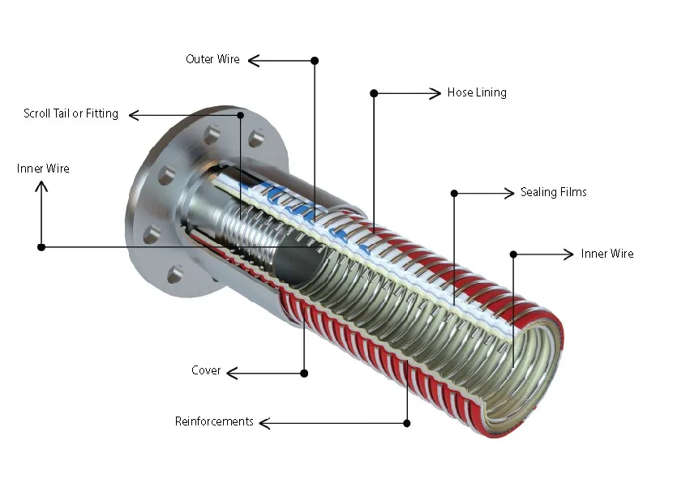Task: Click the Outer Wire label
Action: click(212, 60)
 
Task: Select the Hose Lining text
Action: click(477, 93)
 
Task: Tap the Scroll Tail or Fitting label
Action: click(71, 114)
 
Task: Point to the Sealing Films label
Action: click(553, 193)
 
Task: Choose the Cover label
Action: click(206, 371)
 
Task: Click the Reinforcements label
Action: click(214, 422)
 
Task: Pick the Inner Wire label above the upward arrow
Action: click(43, 169)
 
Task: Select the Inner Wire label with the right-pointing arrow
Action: click(607, 254)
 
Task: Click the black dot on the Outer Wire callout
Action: click(315, 60)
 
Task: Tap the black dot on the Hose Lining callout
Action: click(374, 93)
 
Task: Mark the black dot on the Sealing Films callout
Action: click(454, 193)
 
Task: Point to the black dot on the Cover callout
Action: click(304, 373)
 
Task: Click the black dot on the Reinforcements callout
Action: click(406, 423)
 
